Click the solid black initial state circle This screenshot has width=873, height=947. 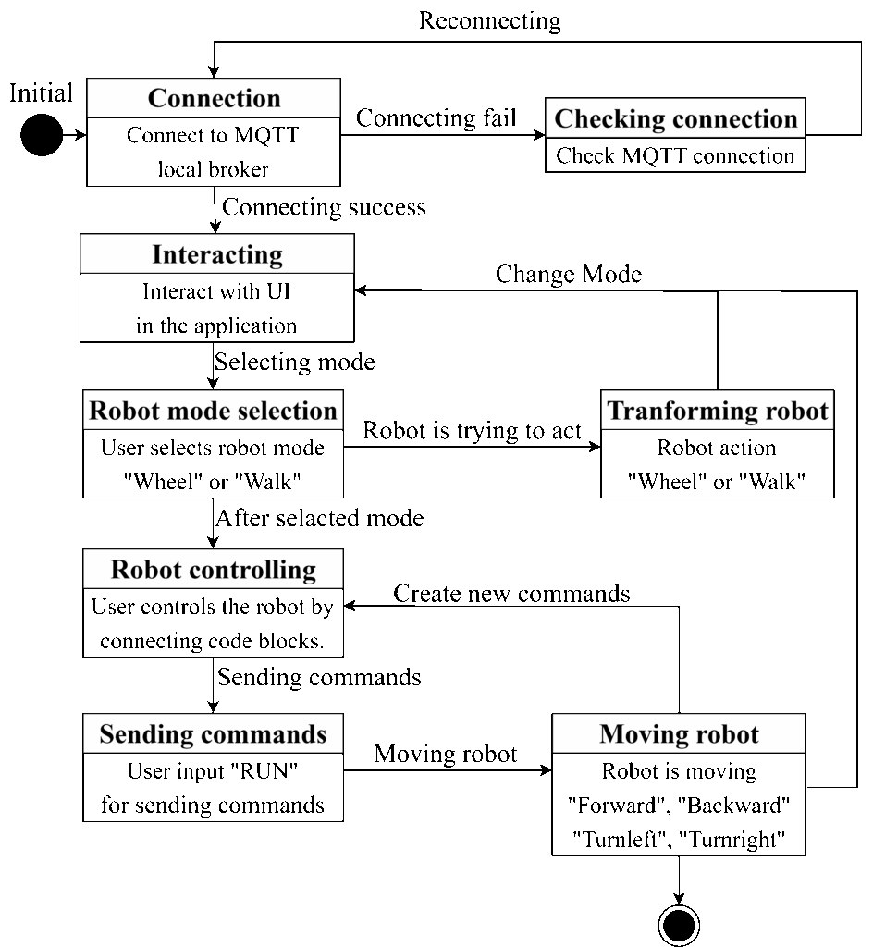[x=42, y=135]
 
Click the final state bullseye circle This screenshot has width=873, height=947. [x=679, y=925]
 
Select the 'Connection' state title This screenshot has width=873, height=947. [x=215, y=98]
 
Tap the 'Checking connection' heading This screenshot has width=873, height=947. [x=676, y=118]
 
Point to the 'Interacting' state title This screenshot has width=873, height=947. [x=217, y=254]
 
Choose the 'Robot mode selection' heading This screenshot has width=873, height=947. [x=213, y=411]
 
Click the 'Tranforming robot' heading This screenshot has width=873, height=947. [x=718, y=411]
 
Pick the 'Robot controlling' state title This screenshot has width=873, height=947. [x=213, y=570]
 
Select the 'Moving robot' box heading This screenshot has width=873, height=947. [x=679, y=733]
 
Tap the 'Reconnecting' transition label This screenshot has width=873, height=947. [x=490, y=20]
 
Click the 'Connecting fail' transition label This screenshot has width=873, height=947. [x=436, y=117]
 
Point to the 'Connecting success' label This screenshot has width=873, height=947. [x=325, y=207]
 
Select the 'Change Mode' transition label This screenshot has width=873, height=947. [x=569, y=274]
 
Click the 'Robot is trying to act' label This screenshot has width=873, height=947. [x=473, y=431]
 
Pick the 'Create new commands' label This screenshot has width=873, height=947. [x=512, y=594]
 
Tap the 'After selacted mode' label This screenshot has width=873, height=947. [x=319, y=518]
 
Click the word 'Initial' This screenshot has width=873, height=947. [x=41, y=93]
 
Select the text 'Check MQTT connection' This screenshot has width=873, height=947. [x=675, y=155]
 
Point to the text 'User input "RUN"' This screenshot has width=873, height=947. [x=213, y=771]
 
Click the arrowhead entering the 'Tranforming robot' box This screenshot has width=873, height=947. [x=595, y=447]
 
